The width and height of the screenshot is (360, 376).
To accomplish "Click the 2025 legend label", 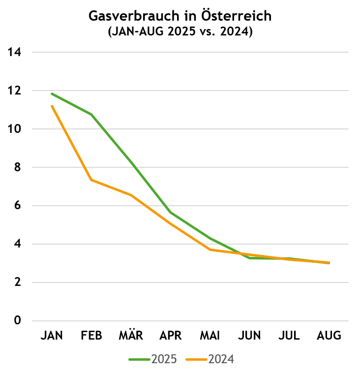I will tap(164, 359).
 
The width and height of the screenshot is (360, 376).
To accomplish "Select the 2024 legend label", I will tap(221, 359).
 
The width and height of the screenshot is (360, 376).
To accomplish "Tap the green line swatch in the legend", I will tap(139, 360).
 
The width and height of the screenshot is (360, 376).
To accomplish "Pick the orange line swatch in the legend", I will tap(196, 360).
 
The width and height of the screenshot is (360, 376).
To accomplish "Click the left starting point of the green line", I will tap(52, 94).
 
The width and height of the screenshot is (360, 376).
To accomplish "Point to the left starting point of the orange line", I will tap(52, 106).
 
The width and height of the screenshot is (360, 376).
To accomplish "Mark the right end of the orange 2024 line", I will tap(329, 262).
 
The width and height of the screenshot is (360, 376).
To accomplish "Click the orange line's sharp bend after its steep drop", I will tap(91, 180).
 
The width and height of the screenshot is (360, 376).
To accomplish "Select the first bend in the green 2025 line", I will tap(91, 114).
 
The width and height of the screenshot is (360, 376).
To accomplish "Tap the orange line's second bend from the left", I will tap(131, 195).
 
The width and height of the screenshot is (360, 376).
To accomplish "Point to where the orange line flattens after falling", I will tap(210, 250).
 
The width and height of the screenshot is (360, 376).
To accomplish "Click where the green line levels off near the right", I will tap(250, 257).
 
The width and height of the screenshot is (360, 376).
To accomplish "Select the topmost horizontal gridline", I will tap(190, 52).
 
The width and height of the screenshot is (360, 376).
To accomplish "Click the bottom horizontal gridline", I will tap(190, 321).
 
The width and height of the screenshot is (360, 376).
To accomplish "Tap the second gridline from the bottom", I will tap(190, 282).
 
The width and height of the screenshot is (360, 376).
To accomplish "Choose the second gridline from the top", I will tap(190, 91).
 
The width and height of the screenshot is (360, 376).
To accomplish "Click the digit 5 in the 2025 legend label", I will tap(174, 359).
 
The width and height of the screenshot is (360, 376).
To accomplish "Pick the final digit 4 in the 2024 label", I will tap(231, 359).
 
